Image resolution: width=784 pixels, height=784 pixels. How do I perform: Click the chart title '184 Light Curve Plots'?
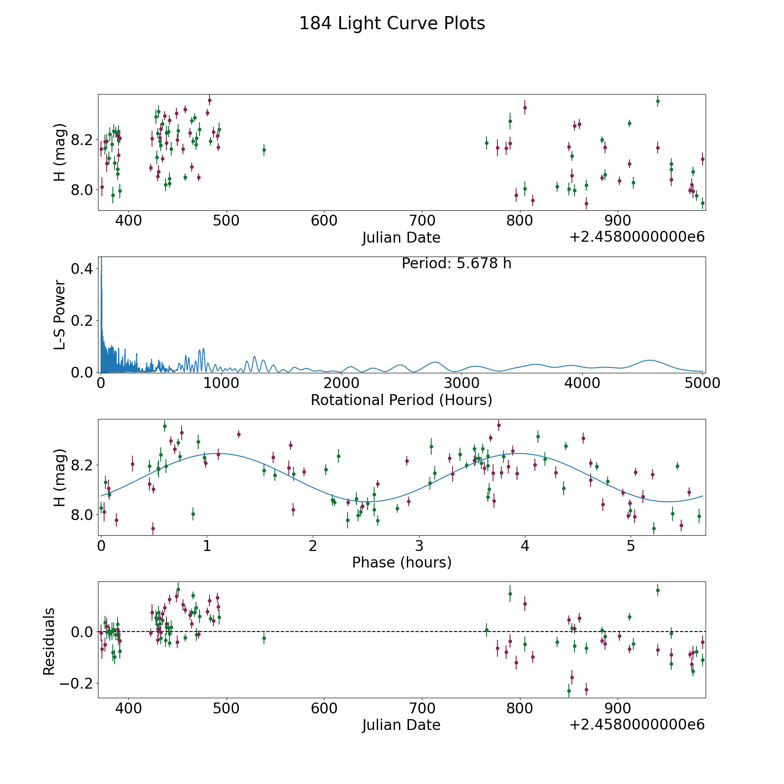392,24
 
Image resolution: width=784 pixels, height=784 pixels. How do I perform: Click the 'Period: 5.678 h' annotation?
456,264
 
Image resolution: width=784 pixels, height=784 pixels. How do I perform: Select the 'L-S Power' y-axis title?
60,315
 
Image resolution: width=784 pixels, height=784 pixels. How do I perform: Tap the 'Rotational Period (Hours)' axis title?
401,400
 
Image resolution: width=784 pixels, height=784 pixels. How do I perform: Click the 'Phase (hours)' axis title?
402,562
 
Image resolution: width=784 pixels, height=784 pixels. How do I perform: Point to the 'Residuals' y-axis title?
49,641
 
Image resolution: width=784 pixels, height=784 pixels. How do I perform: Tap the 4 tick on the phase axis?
525,545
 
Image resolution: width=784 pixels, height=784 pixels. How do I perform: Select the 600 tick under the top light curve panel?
324,220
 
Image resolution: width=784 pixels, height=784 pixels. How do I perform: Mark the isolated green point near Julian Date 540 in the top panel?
264,150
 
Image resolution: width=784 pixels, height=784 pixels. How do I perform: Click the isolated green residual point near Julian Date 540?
264,638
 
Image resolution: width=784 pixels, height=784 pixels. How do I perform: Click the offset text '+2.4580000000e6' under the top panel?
637,237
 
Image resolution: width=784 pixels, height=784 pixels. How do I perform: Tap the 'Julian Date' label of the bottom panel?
401,725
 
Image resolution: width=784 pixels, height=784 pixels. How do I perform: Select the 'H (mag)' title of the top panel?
60,152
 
